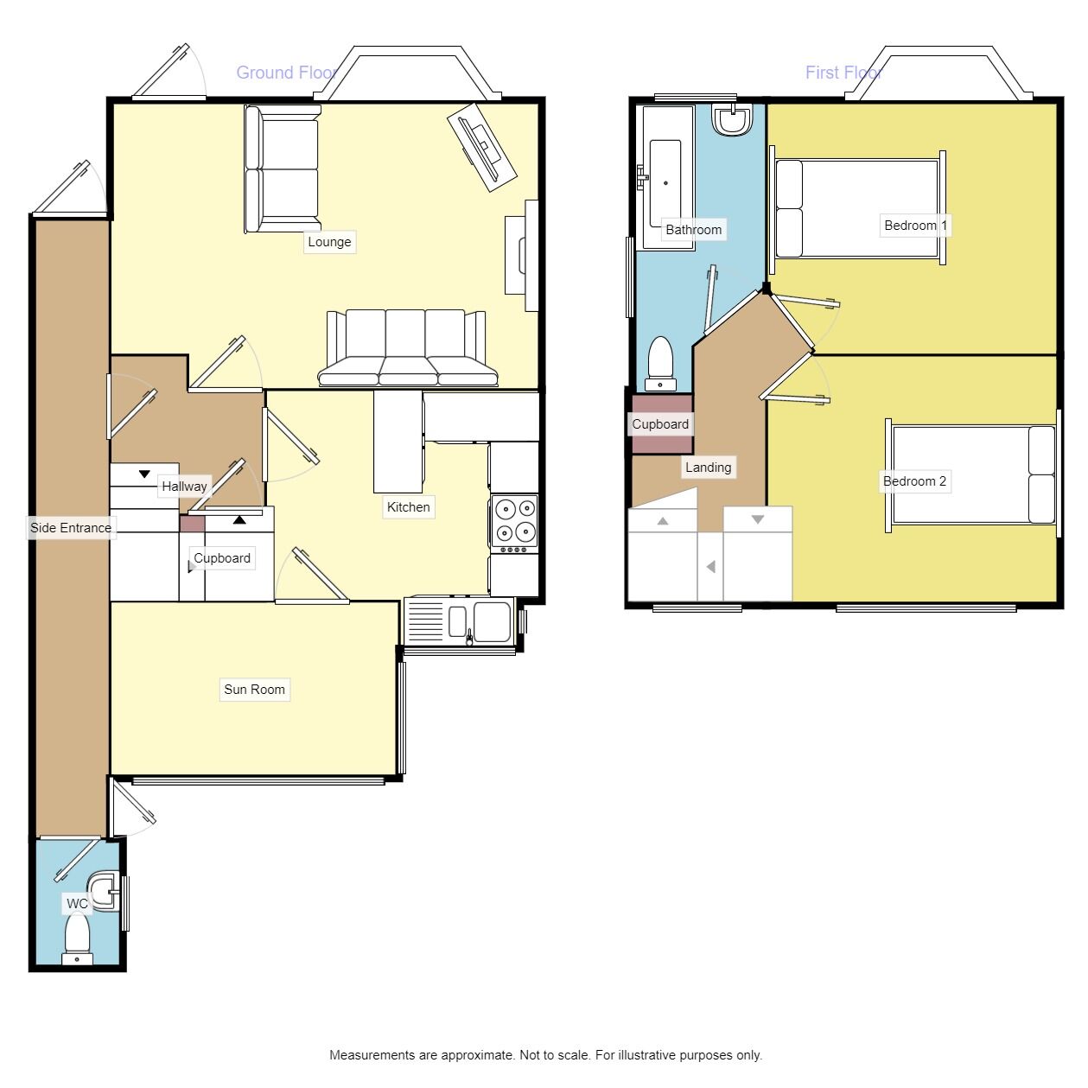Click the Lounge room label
pos(329,242)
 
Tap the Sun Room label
pos(254,690)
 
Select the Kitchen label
pos(408,507)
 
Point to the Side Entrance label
pos(71,528)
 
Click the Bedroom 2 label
pos(914,481)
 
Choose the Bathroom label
pos(693,230)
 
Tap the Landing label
pos(708,468)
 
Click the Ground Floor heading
pos(287,73)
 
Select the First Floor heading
pos(843,73)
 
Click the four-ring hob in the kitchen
pos(514,525)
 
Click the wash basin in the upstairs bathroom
pos(732,119)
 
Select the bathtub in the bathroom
pos(665,177)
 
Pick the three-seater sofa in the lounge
pos(407,347)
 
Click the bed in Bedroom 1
pos(857,208)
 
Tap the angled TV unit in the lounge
pos(481,147)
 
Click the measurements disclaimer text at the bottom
pos(545,1055)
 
